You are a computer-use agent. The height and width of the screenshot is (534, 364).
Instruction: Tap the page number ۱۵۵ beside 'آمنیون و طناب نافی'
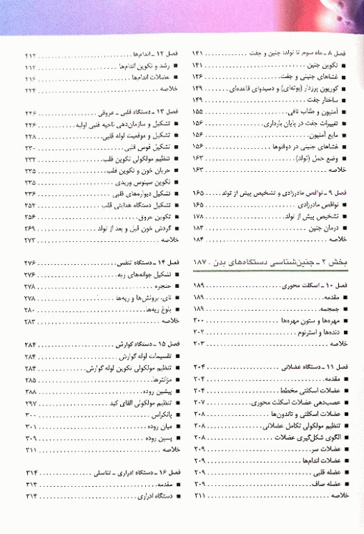pos(196,111)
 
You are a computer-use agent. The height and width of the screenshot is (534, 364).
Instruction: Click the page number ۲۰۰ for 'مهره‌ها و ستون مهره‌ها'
pos(197,320)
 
